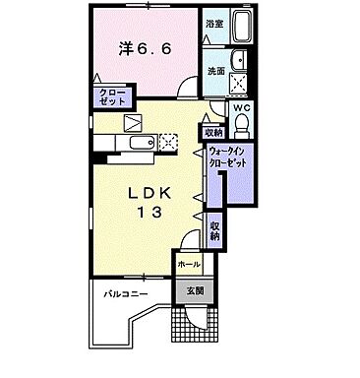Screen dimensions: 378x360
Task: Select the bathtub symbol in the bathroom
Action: pyautogui.click(x=242, y=30)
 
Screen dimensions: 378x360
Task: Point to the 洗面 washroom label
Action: pyautogui.click(x=215, y=71)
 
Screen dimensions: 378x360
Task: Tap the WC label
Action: pyautogui.click(x=241, y=109)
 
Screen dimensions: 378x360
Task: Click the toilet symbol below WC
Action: pyautogui.click(x=242, y=126)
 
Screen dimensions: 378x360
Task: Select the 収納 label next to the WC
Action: pyautogui.click(x=213, y=133)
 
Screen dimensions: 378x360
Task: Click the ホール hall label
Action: pyautogui.click(x=189, y=265)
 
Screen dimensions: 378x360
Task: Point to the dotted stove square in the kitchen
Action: pyautogui.click(x=168, y=141)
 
